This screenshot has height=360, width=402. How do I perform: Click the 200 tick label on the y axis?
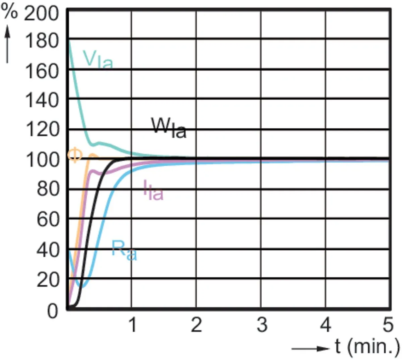pyautogui.click(x=41, y=13)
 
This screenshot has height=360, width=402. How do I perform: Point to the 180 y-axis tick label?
pyautogui.click(x=42, y=41)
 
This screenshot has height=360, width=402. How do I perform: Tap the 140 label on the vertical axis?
pyautogui.click(x=42, y=100)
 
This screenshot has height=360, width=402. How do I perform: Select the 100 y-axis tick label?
pyautogui.click(x=42, y=160)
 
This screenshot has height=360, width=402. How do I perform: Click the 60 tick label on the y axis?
pyautogui.click(x=48, y=220)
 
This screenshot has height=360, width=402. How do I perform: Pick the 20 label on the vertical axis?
pyautogui.click(x=48, y=280)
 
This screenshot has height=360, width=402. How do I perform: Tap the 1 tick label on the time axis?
pyautogui.click(x=133, y=325)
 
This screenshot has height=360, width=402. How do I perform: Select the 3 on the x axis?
pyautogui.click(x=262, y=325)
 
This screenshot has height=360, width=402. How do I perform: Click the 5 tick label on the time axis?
pyautogui.click(x=388, y=325)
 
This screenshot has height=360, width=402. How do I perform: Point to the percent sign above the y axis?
pyautogui.click(x=9, y=11)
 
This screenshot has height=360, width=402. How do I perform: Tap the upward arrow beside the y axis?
pyautogui.click(x=7, y=44)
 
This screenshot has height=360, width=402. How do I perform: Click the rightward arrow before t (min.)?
pyautogui.click(x=311, y=349)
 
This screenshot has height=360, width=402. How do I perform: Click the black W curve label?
pyautogui.click(x=169, y=128)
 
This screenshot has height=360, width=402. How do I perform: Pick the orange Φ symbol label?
pyautogui.click(x=75, y=155)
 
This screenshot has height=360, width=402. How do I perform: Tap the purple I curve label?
pyautogui.click(x=153, y=190)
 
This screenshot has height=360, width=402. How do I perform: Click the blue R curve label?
pyautogui.click(x=124, y=250)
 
